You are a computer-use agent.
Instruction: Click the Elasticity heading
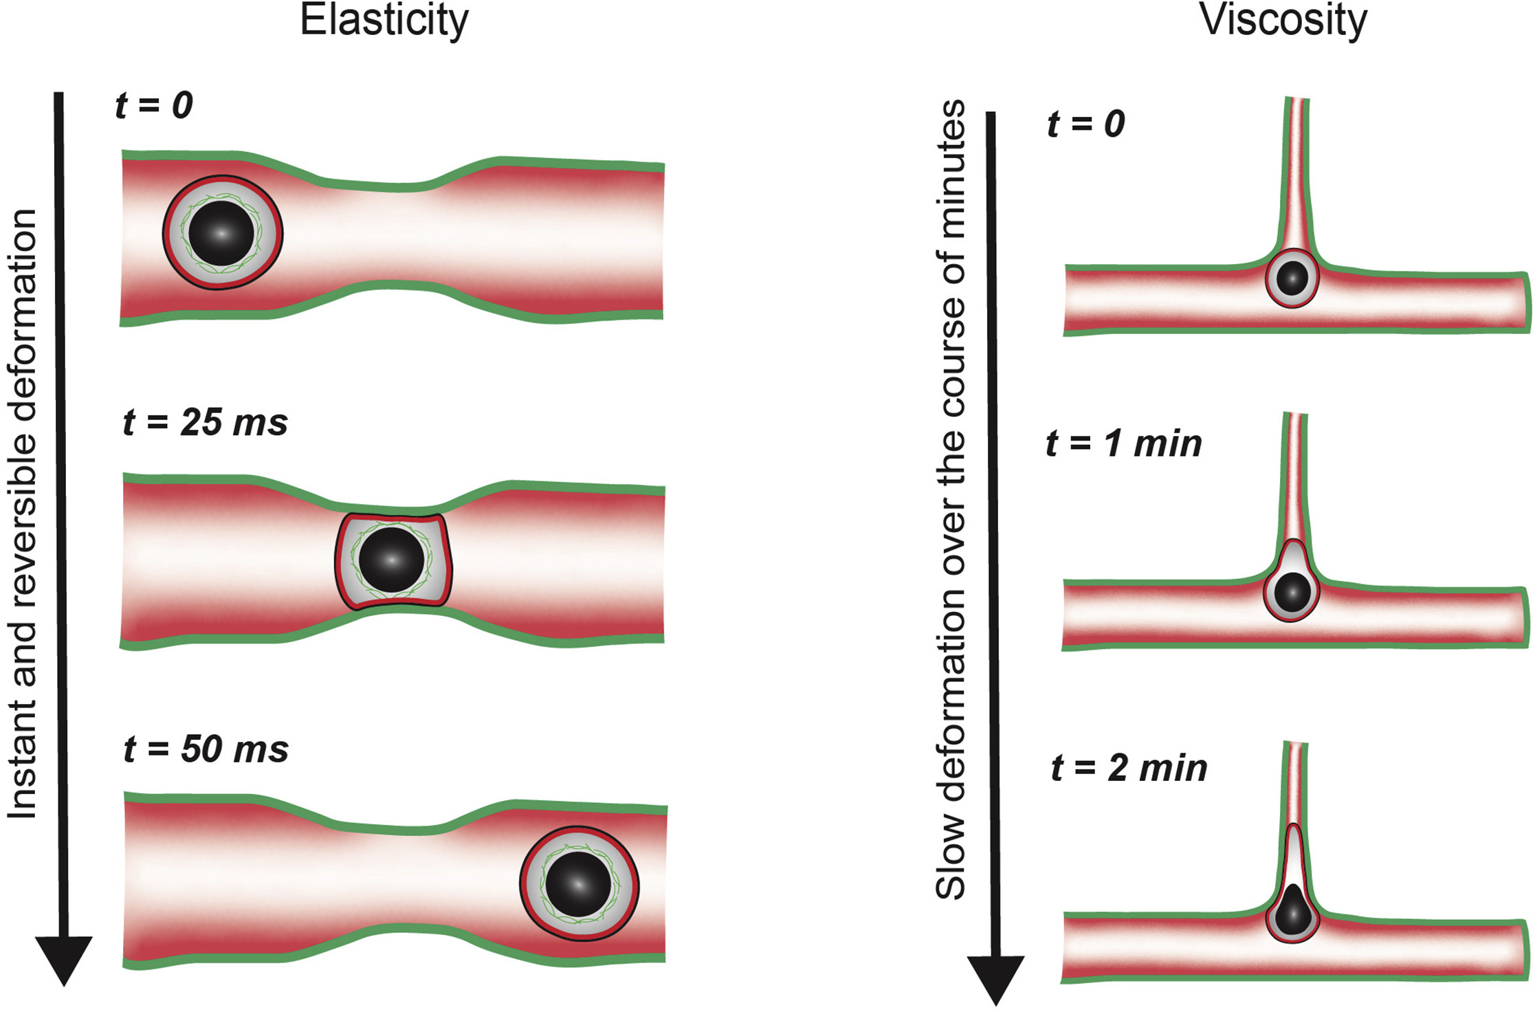click(x=384, y=21)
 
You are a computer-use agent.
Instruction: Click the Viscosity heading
click(x=1283, y=21)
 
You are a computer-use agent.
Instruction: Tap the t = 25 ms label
click(x=206, y=422)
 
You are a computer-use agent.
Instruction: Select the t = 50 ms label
click(x=206, y=749)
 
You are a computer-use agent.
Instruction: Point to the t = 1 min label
click(x=1124, y=443)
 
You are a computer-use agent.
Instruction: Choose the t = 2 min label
click(x=1129, y=768)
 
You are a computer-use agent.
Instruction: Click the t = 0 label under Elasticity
click(x=154, y=105)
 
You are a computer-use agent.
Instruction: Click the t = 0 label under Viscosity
click(x=1086, y=124)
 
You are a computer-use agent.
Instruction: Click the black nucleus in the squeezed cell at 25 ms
click(x=391, y=560)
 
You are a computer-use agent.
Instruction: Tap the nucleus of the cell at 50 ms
click(x=578, y=884)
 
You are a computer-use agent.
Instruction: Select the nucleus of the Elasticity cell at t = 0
click(x=221, y=233)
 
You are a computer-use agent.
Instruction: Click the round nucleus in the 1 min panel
click(x=1292, y=592)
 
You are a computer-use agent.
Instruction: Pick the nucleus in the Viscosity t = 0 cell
click(x=1292, y=278)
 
